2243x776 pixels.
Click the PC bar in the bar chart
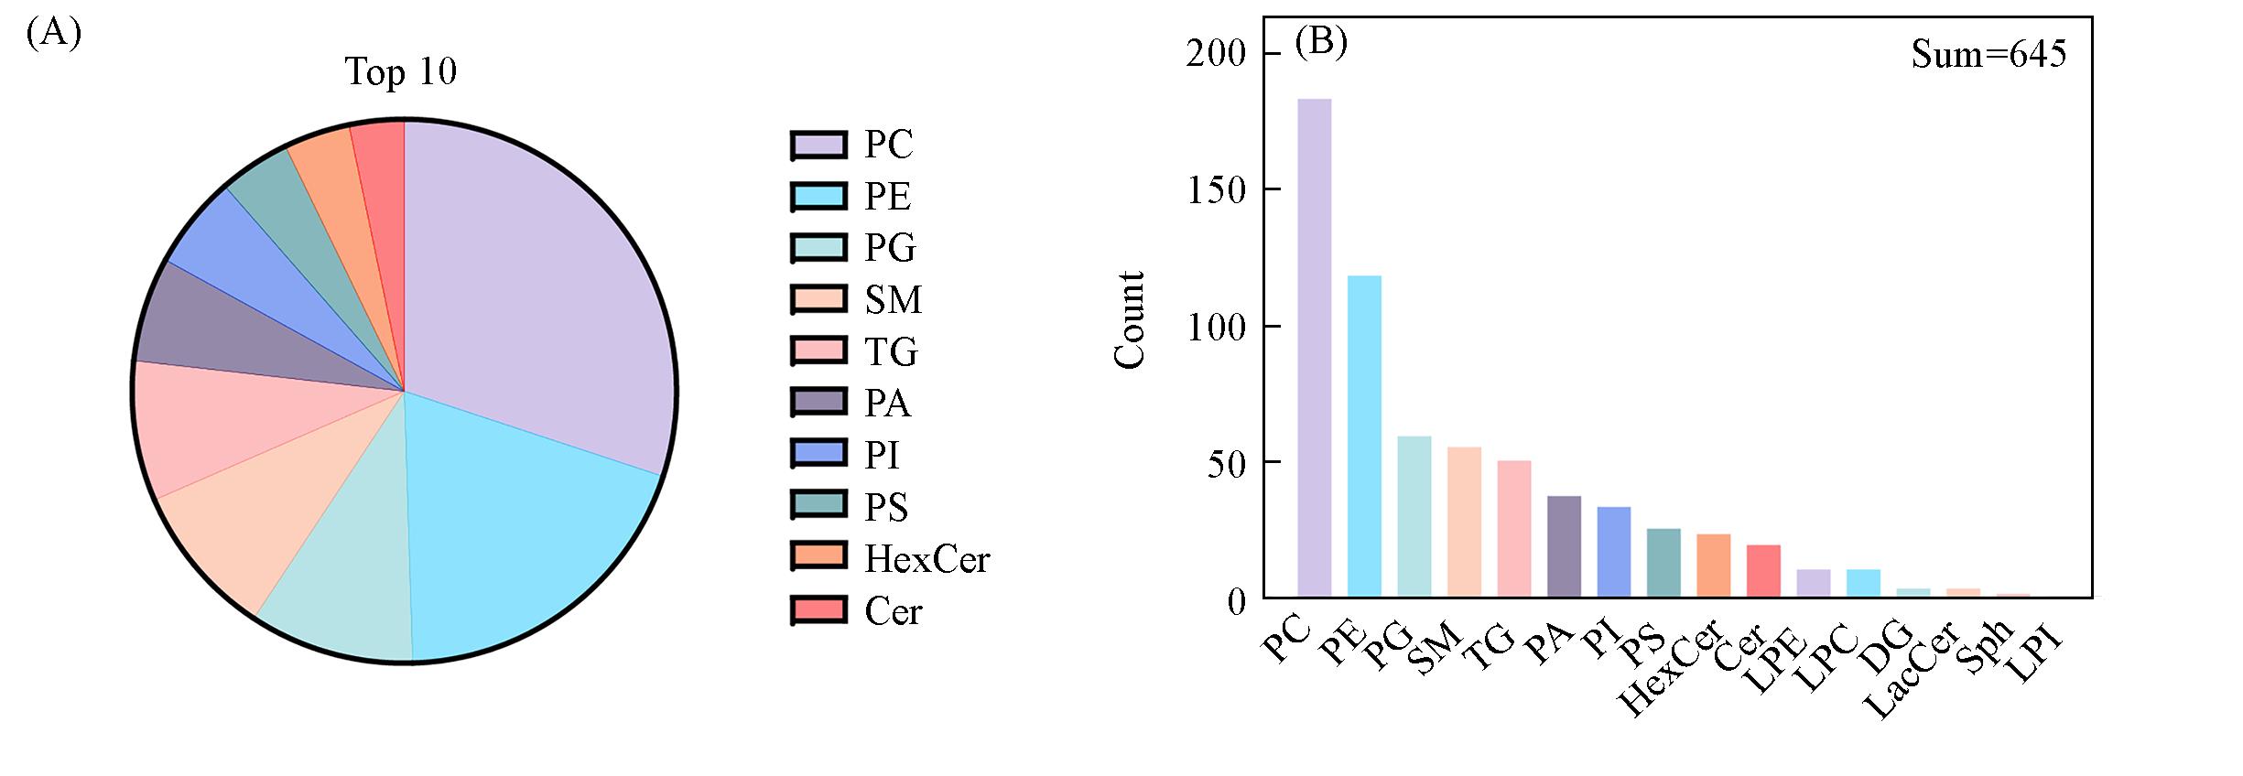point(1314,348)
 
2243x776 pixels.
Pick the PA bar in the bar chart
point(1564,546)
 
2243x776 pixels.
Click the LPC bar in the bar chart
point(1863,583)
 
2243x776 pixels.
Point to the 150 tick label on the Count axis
point(1216,190)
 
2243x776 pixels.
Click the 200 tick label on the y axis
point(1216,54)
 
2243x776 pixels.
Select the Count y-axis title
point(1131,320)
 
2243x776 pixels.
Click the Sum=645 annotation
point(1988,55)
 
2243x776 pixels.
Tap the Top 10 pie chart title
point(400,71)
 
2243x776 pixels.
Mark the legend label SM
point(893,300)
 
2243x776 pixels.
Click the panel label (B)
point(1320,43)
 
